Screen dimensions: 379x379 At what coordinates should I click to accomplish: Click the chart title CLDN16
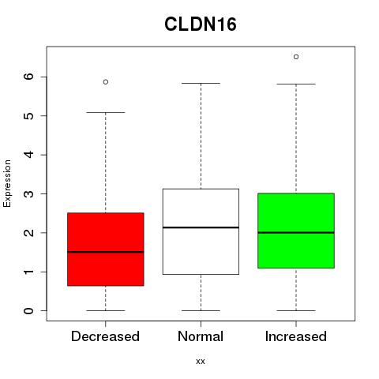[x=201, y=24]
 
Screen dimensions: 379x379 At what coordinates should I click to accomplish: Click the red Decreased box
[x=106, y=250]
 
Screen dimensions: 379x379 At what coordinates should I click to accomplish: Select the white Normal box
[x=201, y=231]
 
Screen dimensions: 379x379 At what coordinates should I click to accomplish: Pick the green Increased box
[x=296, y=231]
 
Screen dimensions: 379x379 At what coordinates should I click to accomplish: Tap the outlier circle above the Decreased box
[x=106, y=82]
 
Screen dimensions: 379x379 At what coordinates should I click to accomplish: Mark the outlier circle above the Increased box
[x=296, y=57]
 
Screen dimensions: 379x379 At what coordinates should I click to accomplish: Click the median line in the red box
[x=106, y=252]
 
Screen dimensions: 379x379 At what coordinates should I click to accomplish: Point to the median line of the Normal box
[x=201, y=227]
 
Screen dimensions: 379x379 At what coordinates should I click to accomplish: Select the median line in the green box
[x=296, y=233]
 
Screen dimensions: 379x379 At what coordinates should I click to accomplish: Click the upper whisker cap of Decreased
[x=106, y=112]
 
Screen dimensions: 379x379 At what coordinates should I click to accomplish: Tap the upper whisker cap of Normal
[x=201, y=83]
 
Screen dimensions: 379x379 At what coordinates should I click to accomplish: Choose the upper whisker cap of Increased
[x=296, y=84]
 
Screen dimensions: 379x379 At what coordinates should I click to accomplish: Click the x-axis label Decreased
[x=105, y=336]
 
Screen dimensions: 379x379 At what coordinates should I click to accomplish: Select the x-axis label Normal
[x=201, y=336]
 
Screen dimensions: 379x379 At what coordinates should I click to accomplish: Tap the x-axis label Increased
[x=296, y=336]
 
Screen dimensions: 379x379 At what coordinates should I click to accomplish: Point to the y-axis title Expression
[x=7, y=183]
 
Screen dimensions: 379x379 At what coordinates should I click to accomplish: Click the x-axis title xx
[x=201, y=362]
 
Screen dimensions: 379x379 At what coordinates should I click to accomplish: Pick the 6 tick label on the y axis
[x=29, y=77]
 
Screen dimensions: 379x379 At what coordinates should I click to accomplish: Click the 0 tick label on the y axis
[x=29, y=310]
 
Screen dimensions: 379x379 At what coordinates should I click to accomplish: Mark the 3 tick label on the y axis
[x=29, y=193]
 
